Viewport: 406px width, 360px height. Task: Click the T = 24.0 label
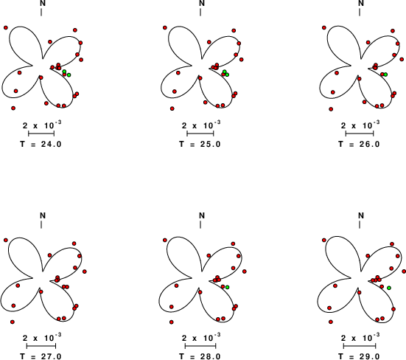[41, 144]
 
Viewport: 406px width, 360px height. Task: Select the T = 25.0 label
[200, 144]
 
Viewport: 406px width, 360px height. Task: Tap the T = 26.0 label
[359, 144]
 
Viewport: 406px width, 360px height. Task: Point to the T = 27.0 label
[41, 356]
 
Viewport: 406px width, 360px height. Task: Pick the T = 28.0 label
[200, 356]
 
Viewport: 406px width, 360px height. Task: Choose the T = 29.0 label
[359, 356]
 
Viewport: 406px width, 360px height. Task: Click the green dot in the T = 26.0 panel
[385, 75]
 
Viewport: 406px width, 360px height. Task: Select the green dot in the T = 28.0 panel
[228, 287]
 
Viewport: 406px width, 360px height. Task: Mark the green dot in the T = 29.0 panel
[389, 288]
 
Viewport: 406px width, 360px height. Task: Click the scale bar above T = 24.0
[41, 134]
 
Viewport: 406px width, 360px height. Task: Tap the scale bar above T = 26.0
[360, 134]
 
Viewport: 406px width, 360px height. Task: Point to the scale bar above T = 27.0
[41, 346]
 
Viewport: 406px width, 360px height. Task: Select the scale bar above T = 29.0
[360, 346]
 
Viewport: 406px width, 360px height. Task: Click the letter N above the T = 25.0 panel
[202, 3]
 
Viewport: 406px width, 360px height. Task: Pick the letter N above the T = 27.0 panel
[43, 215]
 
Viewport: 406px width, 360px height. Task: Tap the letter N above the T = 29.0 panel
[361, 215]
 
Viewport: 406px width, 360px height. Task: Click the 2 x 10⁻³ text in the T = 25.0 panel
[201, 125]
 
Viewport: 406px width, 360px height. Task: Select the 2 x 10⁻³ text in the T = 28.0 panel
[201, 337]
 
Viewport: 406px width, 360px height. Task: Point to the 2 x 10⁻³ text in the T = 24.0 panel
[42, 125]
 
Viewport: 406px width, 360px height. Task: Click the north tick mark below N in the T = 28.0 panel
[200, 225]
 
